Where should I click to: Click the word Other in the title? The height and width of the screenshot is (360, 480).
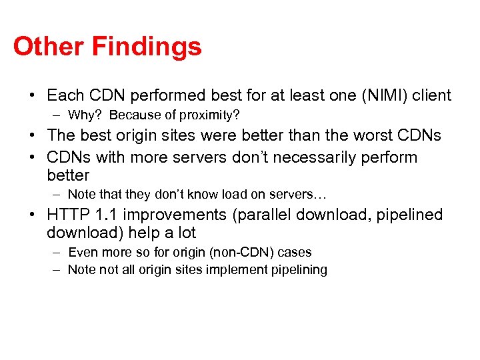pos(49,47)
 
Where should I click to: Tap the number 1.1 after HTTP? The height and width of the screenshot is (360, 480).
pos(109,215)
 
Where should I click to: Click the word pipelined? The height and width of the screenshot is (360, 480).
pos(409,215)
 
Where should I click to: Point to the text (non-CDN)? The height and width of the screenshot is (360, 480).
pos(229,253)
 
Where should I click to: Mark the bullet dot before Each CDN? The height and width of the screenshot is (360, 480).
pos(32,96)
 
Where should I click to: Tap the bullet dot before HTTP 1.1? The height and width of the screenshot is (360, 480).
pos(32,215)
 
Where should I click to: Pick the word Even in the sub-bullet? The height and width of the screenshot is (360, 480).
pos(81,253)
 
